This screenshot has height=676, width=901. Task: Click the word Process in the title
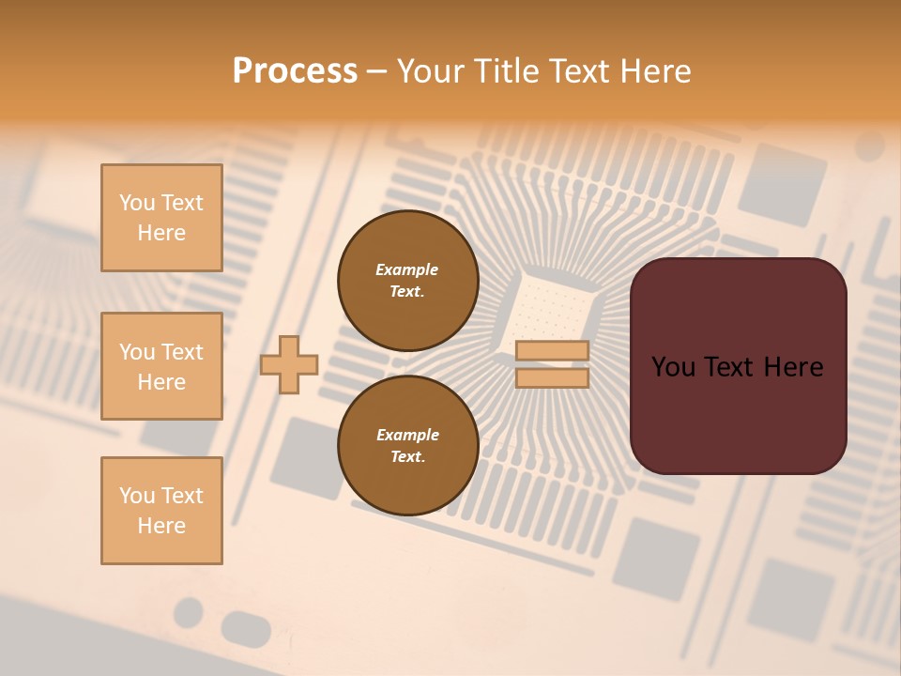(295, 71)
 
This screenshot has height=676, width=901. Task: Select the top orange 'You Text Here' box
(161, 218)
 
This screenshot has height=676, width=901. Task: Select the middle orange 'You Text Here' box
(161, 366)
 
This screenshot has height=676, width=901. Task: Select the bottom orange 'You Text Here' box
(161, 510)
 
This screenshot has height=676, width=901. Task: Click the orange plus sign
(289, 364)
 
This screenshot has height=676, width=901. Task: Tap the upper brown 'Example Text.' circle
(407, 281)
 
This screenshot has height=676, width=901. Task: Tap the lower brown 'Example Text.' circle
(407, 446)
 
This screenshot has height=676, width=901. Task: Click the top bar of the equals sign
(552, 351)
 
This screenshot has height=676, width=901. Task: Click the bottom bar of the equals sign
(552, 377)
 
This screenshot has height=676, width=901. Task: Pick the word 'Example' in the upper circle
(407, 269)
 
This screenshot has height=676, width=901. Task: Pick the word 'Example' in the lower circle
(407, 435)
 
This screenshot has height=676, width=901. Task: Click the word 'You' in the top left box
(136, 203)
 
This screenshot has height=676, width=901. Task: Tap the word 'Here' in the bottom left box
(161, 526)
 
